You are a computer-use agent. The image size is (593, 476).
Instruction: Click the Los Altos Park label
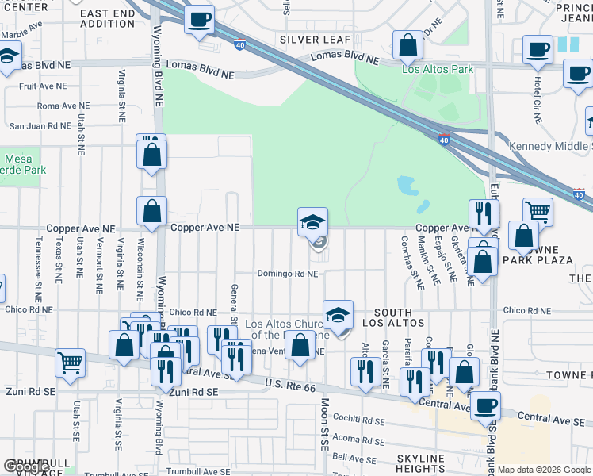(438, 69)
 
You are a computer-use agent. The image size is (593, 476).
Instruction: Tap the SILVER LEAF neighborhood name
(309, 40)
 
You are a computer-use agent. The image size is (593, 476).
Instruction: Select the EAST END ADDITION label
(108, 18)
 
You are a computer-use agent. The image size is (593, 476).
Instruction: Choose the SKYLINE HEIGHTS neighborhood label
(421, 464)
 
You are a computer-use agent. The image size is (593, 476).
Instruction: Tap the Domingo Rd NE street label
(287, 274)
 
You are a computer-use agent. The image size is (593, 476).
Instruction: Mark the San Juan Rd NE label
(39, 125)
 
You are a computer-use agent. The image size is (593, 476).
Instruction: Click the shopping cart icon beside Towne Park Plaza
(538, 212)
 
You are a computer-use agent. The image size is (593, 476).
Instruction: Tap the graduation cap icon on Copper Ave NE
(312, 221)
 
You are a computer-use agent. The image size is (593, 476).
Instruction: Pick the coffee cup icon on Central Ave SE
(485, 405)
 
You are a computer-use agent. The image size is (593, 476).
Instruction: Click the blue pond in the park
(409, 187)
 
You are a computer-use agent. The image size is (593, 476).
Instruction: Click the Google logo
(26, 466)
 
